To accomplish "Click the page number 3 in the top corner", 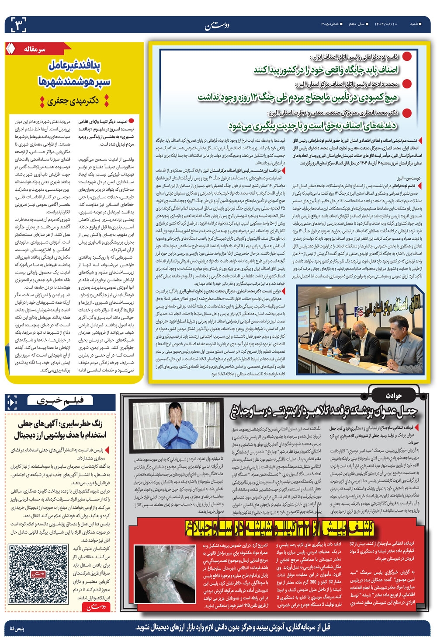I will tap(16, 23).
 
